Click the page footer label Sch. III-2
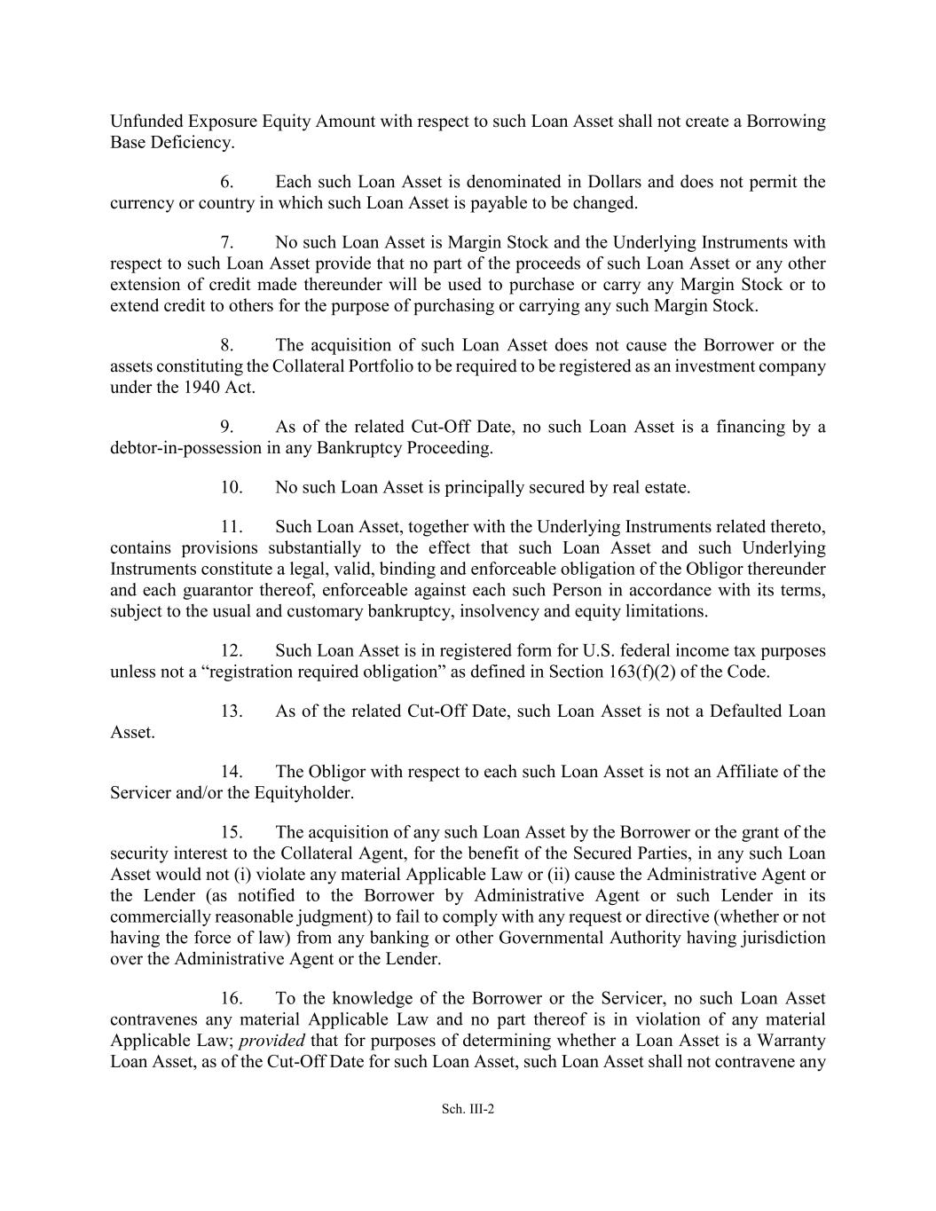tap(468, 1108)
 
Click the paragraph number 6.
tap(227, 182)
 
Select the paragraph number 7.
tap(227, 242)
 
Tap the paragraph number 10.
tap(232, 487)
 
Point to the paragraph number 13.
tap(232, 711)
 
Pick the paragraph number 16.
tap(232, 998)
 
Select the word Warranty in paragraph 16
tap(792, 1041)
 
